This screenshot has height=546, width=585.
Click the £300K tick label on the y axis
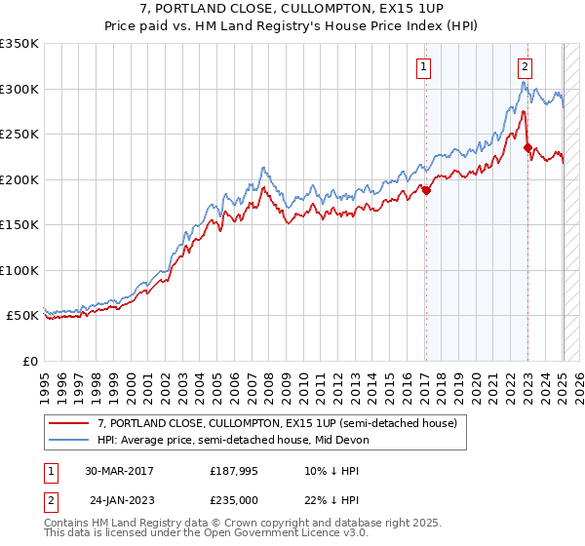19,89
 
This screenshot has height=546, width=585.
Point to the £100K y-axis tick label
19,270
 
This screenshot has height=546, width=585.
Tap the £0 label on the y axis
29,361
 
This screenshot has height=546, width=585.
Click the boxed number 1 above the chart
425,67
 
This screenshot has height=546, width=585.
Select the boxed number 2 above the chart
525,67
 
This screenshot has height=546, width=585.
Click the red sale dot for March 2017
426,191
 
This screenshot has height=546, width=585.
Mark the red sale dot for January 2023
527,148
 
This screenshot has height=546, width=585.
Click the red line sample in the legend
69,423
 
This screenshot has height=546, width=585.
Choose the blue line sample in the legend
69,440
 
